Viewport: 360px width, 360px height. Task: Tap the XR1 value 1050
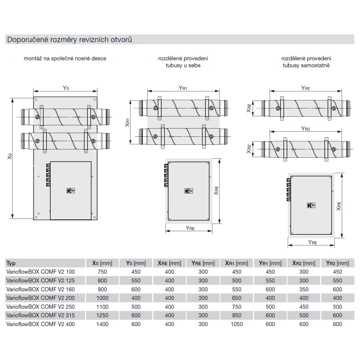237,324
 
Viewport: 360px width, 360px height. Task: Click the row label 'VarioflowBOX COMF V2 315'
41,315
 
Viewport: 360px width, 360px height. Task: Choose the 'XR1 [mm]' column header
237,263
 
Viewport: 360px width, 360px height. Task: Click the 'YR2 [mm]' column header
337,263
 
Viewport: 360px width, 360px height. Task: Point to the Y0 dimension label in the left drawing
66,88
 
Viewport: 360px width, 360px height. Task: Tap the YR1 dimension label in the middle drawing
183,88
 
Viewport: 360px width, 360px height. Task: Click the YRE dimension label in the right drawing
312,242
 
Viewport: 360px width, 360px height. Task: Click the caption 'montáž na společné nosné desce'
65,58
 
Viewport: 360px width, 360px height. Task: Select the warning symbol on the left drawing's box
71,190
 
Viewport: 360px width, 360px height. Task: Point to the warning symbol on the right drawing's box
311,205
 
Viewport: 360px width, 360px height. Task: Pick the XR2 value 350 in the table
304,289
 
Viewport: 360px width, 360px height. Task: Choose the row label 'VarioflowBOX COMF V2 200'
41,298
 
